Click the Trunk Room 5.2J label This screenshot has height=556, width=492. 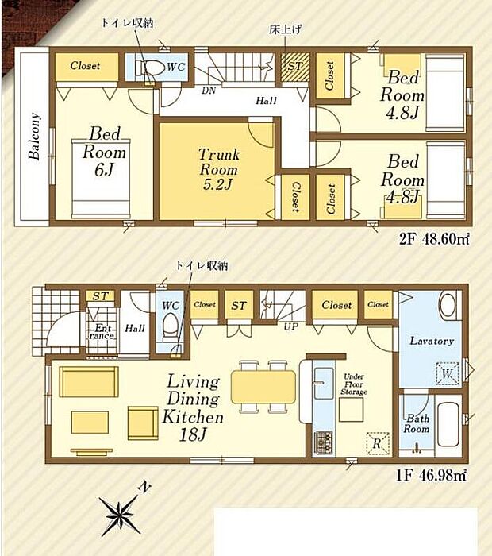pos(219,168)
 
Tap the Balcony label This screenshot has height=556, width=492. pos(35,137)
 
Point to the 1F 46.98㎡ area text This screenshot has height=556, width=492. pos(429,476)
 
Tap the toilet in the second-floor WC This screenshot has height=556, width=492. pos(151,69)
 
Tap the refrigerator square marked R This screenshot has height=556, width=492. pos(377,442)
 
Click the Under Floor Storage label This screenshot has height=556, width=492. pos(354,385)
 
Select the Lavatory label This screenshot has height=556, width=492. pos(431,342)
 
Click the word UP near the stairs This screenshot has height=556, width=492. pos(291,326)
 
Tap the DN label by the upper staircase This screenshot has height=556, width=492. pos(209,91)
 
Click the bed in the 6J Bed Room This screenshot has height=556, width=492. pos(102,176)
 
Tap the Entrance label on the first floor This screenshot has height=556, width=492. pos(103,331)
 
